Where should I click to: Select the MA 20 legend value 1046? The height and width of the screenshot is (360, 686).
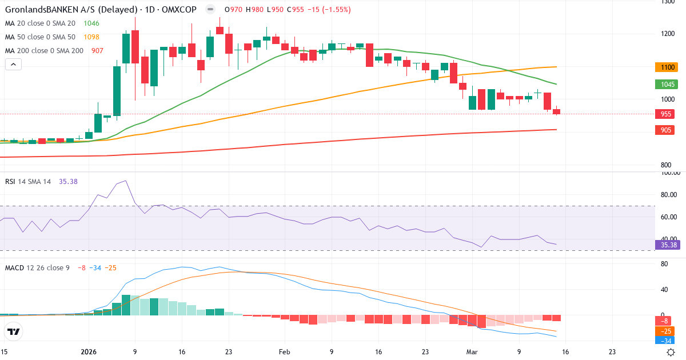[x=91, y=23]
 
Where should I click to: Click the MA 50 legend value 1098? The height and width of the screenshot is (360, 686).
[x=91, y=37]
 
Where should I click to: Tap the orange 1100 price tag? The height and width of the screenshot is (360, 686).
[x=666, y=67]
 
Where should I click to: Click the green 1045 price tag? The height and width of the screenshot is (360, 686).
[x=666, y=84]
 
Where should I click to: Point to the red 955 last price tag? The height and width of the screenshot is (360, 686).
[x=666, y=114]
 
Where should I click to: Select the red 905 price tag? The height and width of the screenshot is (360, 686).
[x=666, y=130]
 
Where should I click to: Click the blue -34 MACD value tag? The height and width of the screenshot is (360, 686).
[x=666, y=341]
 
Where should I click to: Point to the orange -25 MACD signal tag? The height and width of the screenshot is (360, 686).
[x=666, y=331]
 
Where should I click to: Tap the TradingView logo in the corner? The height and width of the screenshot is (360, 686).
[x=14, y=331]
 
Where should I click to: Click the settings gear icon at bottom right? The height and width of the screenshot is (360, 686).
[x=672, y=352]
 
